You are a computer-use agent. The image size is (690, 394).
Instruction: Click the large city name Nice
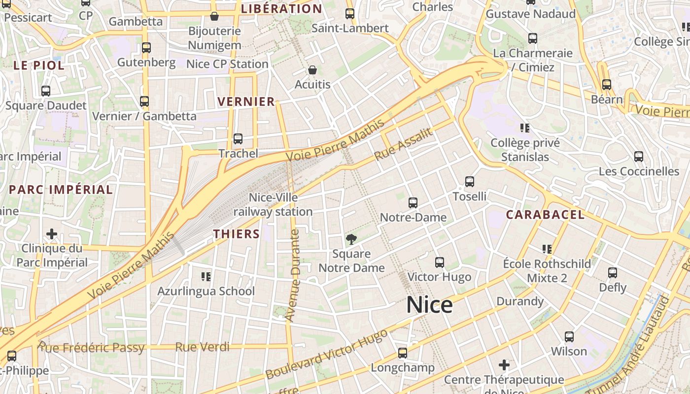pyautogui.click(x=429, y=305)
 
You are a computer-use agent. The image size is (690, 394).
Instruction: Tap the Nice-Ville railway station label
pyautogui.click(x=273, y=204)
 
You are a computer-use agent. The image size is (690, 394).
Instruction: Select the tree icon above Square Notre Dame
pyautogui.click(x=351, y=240)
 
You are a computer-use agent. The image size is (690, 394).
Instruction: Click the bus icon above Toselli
pyautogui.click(x=470, y=182)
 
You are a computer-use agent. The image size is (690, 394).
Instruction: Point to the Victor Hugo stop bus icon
pyautogui.click(x=440, y=263)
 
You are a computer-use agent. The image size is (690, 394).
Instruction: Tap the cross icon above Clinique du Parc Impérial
pyautogui.click(x=52, y=234)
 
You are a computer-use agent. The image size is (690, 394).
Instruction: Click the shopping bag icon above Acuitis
pyautogui.click(x=312, y=70)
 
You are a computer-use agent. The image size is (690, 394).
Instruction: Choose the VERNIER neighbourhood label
pyautogui.click(x=246, y=102)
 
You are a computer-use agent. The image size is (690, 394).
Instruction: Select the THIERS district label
pyautogui.click(x=236, y=234)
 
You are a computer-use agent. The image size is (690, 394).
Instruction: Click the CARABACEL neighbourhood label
pyautogui.click(x=545, y=215)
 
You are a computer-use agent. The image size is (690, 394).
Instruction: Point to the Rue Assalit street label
pyautogui.click(x=403, y=144)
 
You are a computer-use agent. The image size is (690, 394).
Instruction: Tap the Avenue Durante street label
pyautogui.click(x=293, y=275)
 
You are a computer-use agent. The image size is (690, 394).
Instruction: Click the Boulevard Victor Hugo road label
pyautogui.click(x=326, y=355)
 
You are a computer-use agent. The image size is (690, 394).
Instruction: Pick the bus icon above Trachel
pyautogui.click(x=238, y=139)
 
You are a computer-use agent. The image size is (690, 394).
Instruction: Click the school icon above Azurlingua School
pyautogui.click(x=206, y=277)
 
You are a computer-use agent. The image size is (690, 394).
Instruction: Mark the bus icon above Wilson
pyautogui.click(x=569, y=337)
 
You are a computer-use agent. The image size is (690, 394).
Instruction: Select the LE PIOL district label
pyautogui.click(x=38, y=66)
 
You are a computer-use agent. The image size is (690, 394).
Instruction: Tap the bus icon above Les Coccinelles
pyautogui.click(x=639, y=157)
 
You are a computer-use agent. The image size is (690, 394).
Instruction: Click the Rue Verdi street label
pyautogui.click(x=202, y=347)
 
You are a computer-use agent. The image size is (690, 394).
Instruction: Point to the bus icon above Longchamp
pyautogui.click(x=403, y=353)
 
